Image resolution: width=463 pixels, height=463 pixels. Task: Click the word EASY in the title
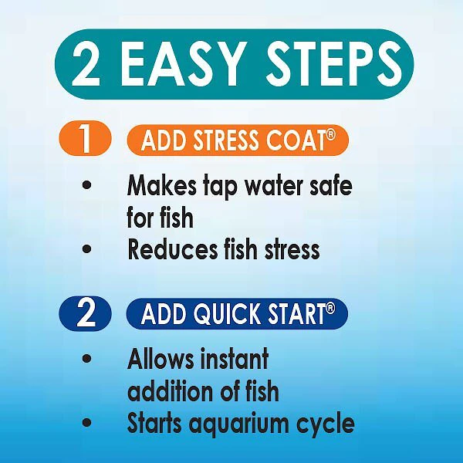pos(186,65)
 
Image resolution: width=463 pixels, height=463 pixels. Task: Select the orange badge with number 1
pos(86,140)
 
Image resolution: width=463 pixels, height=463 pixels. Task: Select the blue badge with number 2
pos(86,313)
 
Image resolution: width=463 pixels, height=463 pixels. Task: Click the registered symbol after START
pos(330,308)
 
